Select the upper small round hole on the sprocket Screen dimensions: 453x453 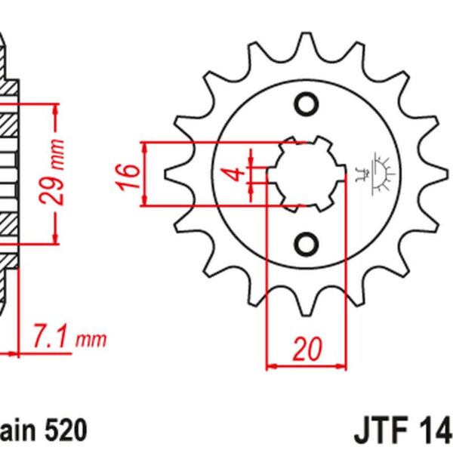pos(307,105)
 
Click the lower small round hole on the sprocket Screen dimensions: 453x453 pos(307,243)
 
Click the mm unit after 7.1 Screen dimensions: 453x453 pos(94,338)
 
